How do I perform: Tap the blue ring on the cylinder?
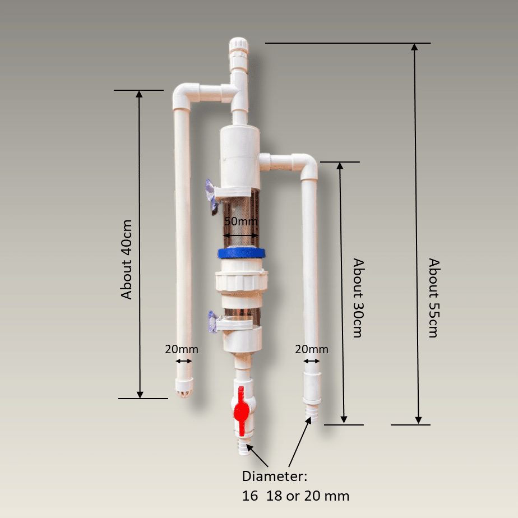click(241, 253)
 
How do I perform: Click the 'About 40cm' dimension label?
click(127, 258)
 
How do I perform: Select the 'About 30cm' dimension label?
click(357, 297)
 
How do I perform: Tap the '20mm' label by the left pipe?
click(181, 349)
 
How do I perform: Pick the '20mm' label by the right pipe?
click(312, 349)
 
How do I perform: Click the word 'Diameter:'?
click(275, 477)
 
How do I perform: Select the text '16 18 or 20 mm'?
click(295, 496)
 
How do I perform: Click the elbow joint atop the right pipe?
click(307, 164)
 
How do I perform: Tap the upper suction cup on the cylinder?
click(211, 197)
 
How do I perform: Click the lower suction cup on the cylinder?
click(211, 322)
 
